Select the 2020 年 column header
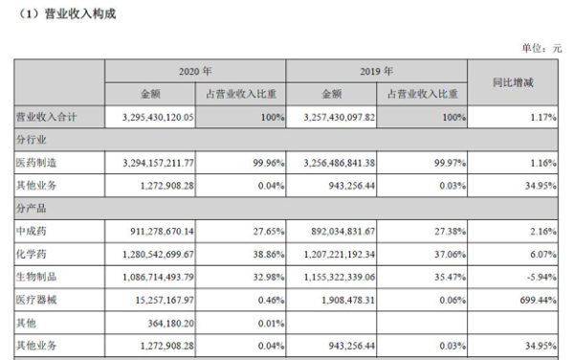point(195,72)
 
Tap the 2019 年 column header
point(378,72)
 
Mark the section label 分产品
point(32,205)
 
